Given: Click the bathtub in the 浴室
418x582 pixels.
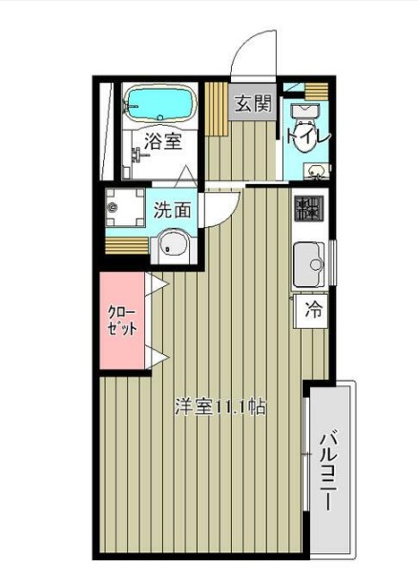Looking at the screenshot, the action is point(160,104).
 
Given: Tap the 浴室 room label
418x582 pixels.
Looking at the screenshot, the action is point(163,141).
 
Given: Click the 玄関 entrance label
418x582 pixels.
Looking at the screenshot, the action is point(254,103).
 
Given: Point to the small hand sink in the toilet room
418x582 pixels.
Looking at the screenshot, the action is point(317,172).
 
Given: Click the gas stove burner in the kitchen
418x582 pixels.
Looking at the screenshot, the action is point(309,208).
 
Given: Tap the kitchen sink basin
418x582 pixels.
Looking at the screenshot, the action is point(309,264).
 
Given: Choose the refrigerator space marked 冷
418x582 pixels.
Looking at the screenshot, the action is point(311,311).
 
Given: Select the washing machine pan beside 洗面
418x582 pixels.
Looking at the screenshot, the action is point(125,207).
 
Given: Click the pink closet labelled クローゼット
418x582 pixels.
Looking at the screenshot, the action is point(122,321).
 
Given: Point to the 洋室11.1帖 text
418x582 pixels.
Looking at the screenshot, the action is point(220,407).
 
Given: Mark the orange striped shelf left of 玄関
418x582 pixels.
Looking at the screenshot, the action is point(216,109).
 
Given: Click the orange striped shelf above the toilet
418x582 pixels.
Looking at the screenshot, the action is point(317,92).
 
